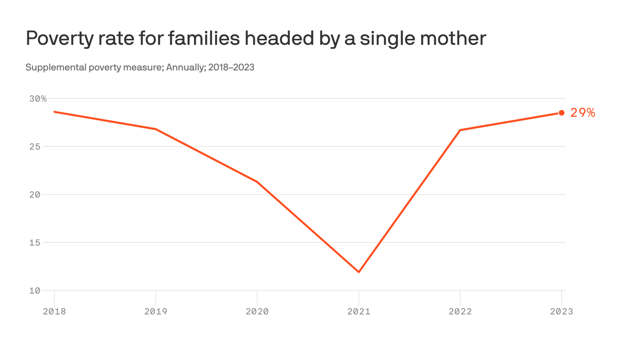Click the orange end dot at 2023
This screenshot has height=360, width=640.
click(561, 112)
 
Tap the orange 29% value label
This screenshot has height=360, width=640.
click(582, 112)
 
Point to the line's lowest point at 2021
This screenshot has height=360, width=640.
click(359, 272)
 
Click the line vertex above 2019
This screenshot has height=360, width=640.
click(156, 129)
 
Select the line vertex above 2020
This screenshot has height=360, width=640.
click(257, 182)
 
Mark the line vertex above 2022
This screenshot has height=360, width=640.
click(460, 130)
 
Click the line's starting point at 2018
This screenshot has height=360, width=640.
click(54, 112)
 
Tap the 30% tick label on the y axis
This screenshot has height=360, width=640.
click(38, 99)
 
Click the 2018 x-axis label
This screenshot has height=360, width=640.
click(54, 311)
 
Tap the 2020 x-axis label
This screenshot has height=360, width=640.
click(257, 311)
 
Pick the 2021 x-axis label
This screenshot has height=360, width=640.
click(359, 311)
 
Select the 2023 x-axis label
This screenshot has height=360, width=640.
click(561, 311)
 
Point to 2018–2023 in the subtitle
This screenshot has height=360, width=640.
click(231, 67)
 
